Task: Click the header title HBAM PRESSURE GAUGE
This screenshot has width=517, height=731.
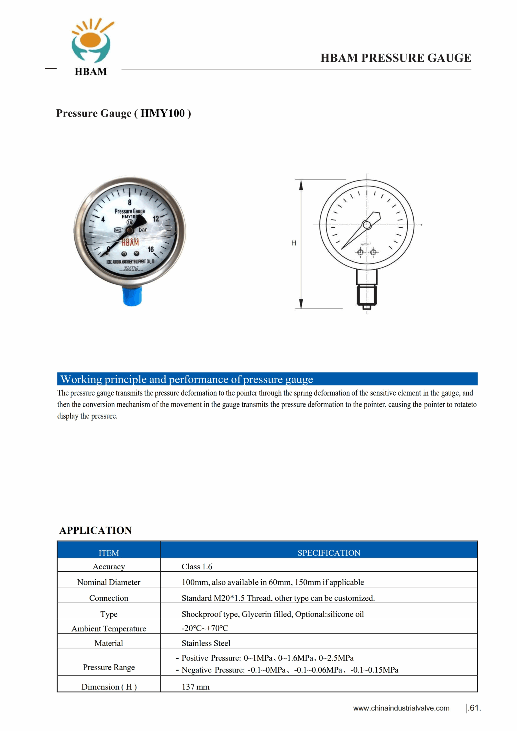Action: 395,58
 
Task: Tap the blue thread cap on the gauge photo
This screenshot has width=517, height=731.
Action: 132,296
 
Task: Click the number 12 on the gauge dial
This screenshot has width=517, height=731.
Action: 156,219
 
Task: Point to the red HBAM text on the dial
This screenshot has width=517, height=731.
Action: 130,242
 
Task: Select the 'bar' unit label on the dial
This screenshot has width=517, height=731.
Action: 143,230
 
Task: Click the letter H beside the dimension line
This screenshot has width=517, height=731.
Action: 293,243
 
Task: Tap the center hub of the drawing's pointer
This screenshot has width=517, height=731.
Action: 367,225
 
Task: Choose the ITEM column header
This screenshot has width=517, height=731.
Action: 108,553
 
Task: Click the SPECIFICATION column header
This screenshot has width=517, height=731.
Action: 329,553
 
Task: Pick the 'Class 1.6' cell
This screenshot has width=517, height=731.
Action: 197,567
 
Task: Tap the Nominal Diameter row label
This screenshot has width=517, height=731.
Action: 108,582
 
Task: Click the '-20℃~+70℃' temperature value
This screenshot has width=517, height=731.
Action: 205,628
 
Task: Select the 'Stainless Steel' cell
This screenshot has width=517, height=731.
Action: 206,643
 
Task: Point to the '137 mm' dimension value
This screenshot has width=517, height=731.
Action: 196,687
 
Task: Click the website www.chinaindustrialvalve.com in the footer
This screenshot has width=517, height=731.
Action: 401,708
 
